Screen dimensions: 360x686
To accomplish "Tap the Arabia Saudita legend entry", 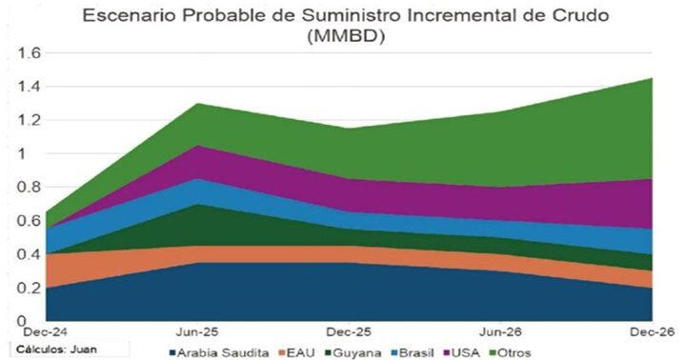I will point(220,352).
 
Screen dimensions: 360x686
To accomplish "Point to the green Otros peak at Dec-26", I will point(650,80).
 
